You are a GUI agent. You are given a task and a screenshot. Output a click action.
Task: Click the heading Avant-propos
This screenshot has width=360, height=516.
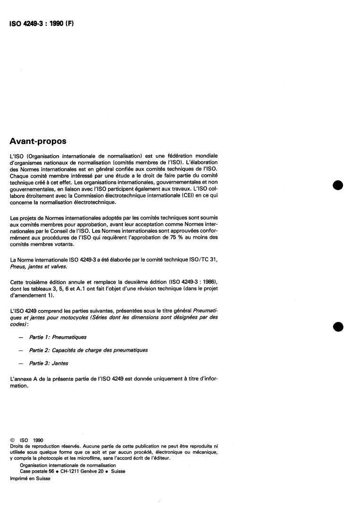click(x=38, y=142)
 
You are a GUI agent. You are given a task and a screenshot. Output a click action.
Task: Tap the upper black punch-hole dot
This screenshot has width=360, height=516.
click(x=337, y=185)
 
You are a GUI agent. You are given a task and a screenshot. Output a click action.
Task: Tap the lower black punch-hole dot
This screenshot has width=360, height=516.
click(x=337, y=327)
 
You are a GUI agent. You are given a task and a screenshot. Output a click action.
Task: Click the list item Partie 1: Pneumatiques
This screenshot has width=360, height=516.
click(x=58, y=338)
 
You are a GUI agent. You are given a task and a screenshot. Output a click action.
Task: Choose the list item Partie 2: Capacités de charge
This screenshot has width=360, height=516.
click(x=88, y=350)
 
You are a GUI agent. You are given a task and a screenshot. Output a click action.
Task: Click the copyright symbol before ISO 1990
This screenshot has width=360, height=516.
click(x=12, y=440)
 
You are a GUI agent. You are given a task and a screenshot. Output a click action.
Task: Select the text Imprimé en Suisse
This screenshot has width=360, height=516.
click(x=30, y=478)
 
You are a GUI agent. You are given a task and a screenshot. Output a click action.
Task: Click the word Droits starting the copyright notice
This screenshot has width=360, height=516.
click(x=17, y=446)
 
